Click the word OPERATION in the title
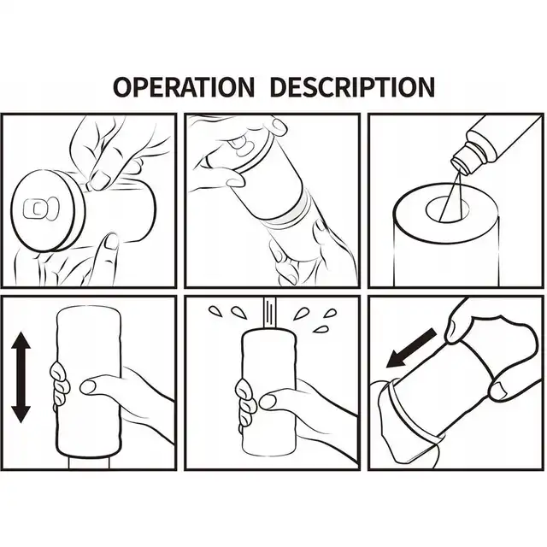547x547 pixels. (184, 86)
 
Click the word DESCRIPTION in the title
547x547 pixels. (352, 86)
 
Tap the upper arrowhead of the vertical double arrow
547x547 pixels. (21, 341)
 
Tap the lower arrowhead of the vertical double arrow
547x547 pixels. (21, 415)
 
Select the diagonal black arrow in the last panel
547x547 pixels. (411, 348)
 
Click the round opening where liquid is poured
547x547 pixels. (448, 209)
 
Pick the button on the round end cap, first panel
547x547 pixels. (41, 209)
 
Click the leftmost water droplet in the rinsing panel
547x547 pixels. (215, 311)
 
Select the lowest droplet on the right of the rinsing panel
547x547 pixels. (321, 329)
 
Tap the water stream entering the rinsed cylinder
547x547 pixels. (270, 312)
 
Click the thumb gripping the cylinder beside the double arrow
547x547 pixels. (101, 385)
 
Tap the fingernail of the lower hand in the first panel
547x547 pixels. (112, 241)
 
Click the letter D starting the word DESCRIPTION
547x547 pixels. (279, 86)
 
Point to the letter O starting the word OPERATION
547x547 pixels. (124, 86)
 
